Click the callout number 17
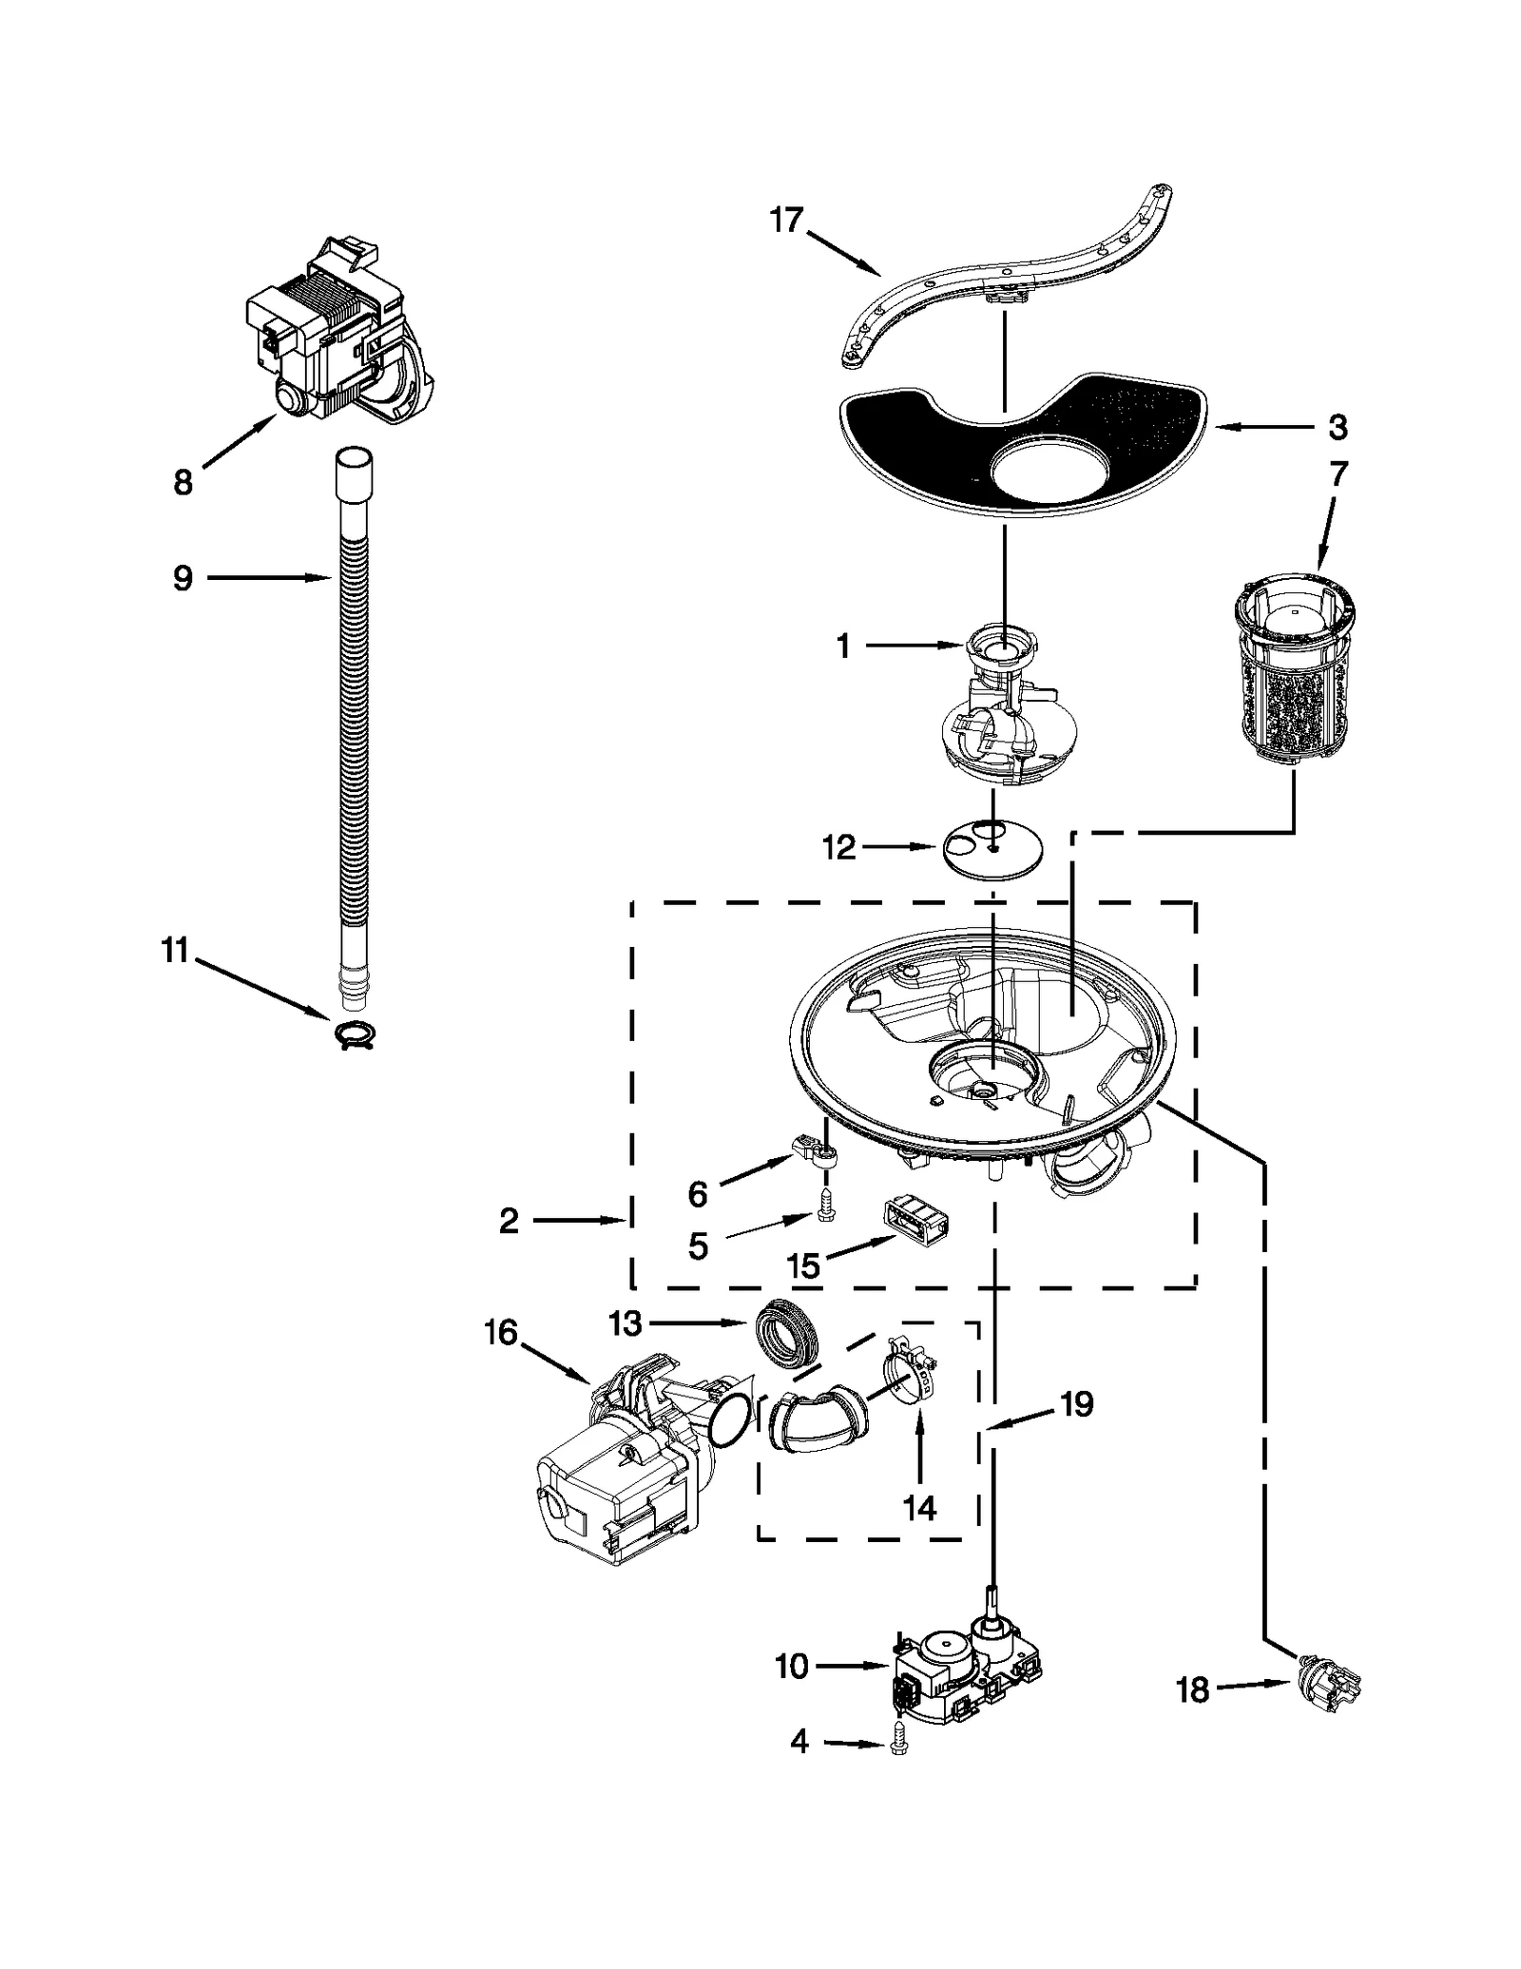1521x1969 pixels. [x=786, y=221]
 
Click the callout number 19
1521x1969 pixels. [x=1076, y=1404]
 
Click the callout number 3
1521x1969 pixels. [x=1337, y=429]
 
